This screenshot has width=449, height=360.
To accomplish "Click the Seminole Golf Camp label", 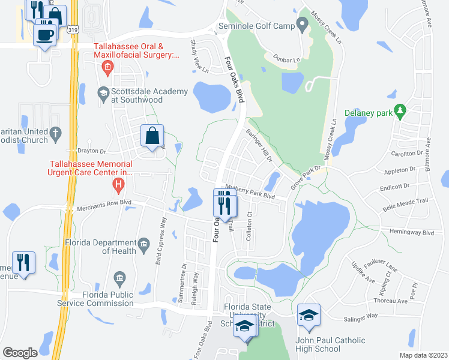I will tap(256, 26).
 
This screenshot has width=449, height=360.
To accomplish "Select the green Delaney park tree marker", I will tap(402, 112).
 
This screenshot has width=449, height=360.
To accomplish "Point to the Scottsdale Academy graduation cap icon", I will tap(104, 94).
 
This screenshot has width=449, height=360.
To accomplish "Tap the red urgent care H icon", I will tap(119, 184).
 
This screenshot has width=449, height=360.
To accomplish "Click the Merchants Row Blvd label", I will tap(104, 208).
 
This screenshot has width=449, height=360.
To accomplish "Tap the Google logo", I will tap(20, 353).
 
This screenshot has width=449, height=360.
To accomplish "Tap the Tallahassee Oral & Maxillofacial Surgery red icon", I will tap(107, 66).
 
